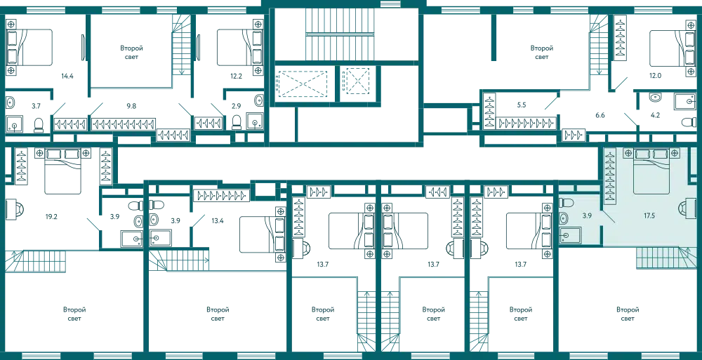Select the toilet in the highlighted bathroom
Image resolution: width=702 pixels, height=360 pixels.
pos(565,204)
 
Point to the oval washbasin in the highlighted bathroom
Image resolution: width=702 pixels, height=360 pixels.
pos(565,220)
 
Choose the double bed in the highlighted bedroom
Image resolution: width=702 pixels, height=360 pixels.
pos(652,171)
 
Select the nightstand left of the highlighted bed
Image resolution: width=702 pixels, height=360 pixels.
pos(627,152)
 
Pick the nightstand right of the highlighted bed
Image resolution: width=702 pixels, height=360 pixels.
pos(675,152)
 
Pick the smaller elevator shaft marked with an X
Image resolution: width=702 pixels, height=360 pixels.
pos(355,81)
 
